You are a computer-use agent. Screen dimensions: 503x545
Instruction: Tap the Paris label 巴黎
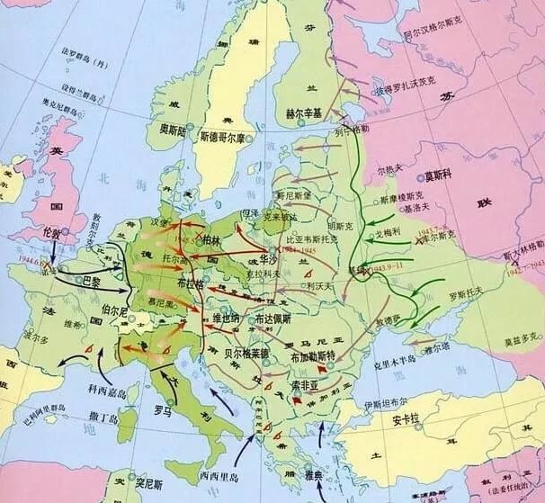[x=91, y=281]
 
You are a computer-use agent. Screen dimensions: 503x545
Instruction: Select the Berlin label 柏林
[x=212, y=240]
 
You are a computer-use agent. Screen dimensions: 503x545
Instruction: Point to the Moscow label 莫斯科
[x=443, y=175]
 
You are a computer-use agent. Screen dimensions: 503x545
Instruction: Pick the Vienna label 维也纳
[x=226, y=318]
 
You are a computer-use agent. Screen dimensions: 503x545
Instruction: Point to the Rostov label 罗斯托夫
[x=466, y=293]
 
